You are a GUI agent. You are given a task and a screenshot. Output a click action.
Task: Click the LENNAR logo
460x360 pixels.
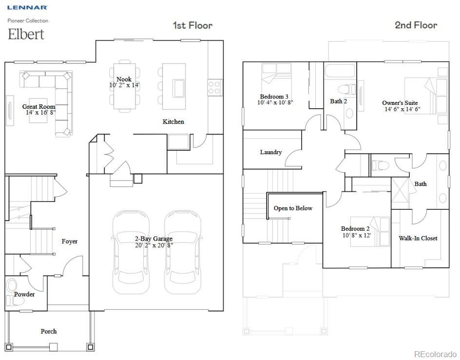27,7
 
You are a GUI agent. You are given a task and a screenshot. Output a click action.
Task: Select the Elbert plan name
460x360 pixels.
26,34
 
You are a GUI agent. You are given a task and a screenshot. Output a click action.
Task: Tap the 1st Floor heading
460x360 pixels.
192,25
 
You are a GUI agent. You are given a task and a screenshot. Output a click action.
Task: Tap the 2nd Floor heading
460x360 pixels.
416,25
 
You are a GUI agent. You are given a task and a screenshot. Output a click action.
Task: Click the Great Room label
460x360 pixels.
38,106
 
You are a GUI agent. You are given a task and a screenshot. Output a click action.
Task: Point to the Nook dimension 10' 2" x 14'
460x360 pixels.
124,85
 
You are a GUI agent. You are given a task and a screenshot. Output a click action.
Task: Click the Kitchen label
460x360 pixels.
173,121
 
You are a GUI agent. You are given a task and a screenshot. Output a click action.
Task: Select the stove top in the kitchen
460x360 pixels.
215,87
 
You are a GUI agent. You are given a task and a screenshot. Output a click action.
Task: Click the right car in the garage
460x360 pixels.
183,251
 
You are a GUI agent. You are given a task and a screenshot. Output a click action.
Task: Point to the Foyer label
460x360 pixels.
69,241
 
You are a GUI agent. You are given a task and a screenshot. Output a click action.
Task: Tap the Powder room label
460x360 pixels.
24,294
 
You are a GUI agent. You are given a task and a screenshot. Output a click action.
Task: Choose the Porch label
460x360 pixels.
49,331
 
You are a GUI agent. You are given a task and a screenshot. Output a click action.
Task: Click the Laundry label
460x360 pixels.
270,152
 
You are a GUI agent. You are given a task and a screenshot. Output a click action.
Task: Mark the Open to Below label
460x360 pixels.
293,208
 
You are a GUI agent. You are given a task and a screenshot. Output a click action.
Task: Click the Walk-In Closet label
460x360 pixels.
418,238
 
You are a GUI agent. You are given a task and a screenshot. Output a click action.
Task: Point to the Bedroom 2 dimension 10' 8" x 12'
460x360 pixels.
357,235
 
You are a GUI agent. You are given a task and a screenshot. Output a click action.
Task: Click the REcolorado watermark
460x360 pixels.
435,354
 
